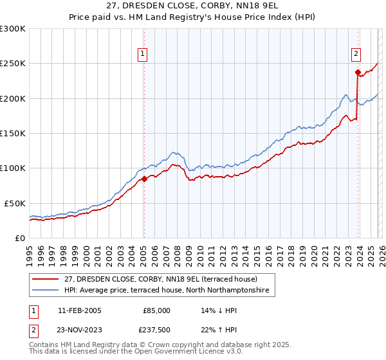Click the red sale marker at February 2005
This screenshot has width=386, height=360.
(x=144, y=179)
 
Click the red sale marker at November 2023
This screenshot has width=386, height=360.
(x=357, y=73)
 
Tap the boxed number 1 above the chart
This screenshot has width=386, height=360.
(x=142, y=55)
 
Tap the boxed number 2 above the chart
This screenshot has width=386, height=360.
(x=356, y=55)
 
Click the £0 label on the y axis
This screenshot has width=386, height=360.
(x=19, y=238)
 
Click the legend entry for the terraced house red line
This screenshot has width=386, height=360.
(x=161, y=279)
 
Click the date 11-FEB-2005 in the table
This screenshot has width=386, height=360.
(x=79, y=310)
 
